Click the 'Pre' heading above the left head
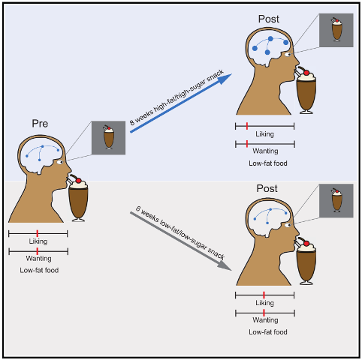[x=40, y=124]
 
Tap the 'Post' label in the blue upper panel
[x=269, y=19]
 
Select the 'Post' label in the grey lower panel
[x=267, y=188]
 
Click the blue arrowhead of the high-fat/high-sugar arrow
[x=225, y=79]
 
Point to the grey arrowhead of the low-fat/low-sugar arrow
[x=225, y=265]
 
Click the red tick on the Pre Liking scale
[x=38, y=233]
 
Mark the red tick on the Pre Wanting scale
[x=38, y=251]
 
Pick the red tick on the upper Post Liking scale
[x=247, y=126]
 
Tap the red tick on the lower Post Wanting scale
[x=264, y=313]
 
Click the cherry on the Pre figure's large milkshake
[x=78, y=181]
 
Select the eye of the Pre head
[x=60, y=163]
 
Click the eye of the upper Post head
[x=288, y=55]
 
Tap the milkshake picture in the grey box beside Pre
[x=108, y=138]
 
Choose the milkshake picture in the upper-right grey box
[x=336, y=29]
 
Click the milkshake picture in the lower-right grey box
[x=336, y=200]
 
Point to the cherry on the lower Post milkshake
[x=306, y=243]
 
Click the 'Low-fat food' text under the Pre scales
[x=39, y=270]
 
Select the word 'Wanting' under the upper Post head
[x=265, y=151]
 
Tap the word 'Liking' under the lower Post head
[x=264, y=303]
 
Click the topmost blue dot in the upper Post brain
[x=270, y=39]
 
